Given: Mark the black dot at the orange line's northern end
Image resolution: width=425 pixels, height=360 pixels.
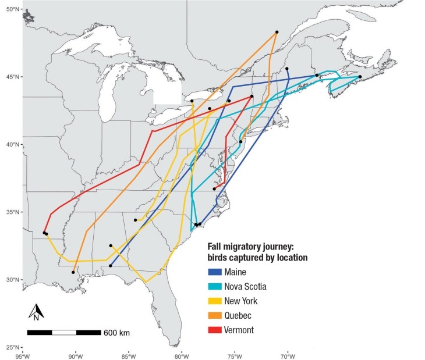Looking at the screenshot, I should (x=277, y=32).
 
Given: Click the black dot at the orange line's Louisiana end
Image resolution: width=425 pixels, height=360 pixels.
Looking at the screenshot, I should (x=73, y=272).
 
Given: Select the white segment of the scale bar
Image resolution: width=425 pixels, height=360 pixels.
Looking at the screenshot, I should (x=64, y=333).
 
